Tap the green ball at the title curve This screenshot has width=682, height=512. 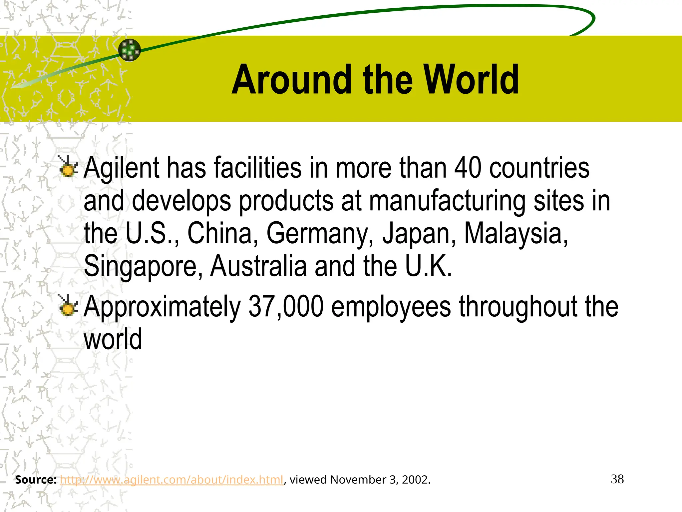pyautogui.click(x=130, y=50)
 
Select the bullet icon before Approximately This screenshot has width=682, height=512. pyautogui.click(x=68, y=305)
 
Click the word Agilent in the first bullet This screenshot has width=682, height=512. pyautogui.click(x=122, y=168)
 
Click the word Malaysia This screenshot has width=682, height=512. pyautogui.click(x=516, y=234)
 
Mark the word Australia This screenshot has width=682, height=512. pyautogui.click(x=258, y=266)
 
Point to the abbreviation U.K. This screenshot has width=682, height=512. pyautogui.click(x=429, y=266)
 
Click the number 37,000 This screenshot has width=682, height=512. pyautogui.click(x=286, y=307)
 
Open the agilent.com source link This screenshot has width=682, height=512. pyautogui.click(x=171, y=480)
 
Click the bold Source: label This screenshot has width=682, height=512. pyautogui.click(x=36, y=480)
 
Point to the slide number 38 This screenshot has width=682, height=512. pyautogui.click(x=617, y=479)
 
